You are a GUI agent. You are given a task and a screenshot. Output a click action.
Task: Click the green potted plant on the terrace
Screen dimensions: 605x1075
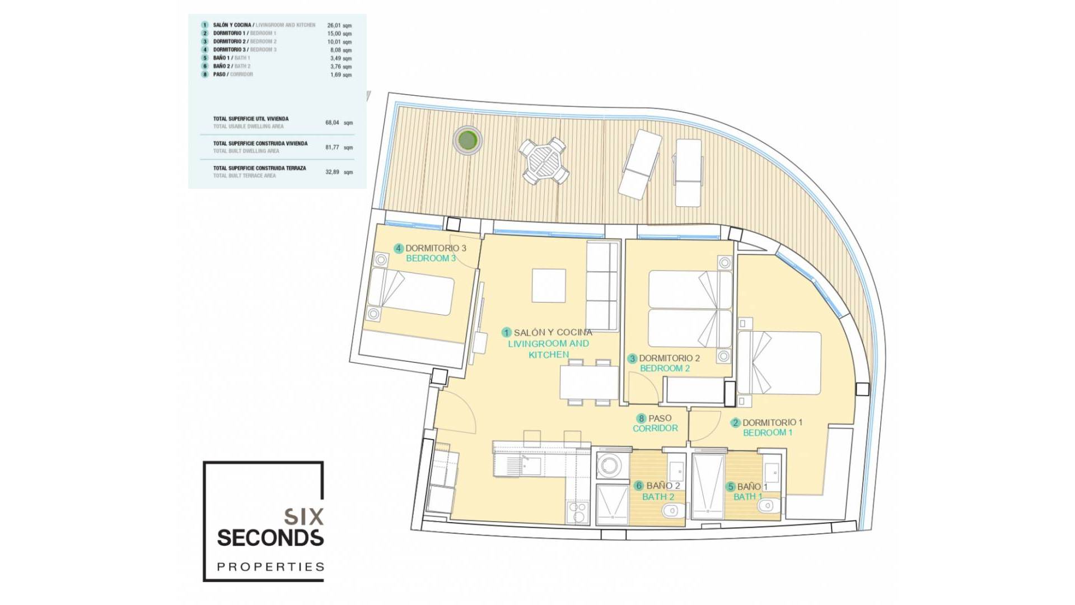[x=467, y=139]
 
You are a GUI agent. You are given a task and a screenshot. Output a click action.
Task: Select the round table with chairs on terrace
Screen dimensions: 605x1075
[x=544, y=160]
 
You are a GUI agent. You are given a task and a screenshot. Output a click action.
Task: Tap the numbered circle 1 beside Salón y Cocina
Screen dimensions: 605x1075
[x=507, y=333]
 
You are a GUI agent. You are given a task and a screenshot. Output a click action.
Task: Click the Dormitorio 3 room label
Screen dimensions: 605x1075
[x=436, y=248]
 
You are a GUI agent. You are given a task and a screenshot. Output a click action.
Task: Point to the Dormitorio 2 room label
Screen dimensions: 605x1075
[x=669, y=359]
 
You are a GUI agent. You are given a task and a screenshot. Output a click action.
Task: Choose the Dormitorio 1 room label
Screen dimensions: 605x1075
[x=772, y=423]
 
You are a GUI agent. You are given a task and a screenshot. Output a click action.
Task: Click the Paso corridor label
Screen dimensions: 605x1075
[x=660, y=418]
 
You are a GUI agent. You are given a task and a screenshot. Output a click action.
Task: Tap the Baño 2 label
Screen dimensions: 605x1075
[x=663, y=486]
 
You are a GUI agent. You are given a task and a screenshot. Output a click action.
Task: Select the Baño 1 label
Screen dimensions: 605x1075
[x=752, y=487]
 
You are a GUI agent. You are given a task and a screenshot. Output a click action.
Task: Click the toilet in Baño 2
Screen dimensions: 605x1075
[x=670, y=511]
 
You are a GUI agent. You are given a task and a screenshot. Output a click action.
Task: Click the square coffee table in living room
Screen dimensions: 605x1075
[x=549, y=286]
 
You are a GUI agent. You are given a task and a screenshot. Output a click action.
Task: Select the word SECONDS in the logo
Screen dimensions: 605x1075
[x=270, y=538]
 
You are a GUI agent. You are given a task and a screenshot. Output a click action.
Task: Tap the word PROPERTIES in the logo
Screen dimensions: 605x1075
[x=270, y=567]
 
